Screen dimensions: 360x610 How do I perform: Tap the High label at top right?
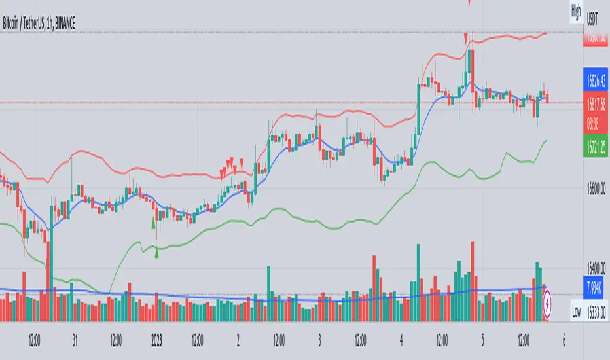tap(576, 10)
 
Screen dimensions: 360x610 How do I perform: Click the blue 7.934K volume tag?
tap(595, 285)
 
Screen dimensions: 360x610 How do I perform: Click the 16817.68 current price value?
tap(595, 102)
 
